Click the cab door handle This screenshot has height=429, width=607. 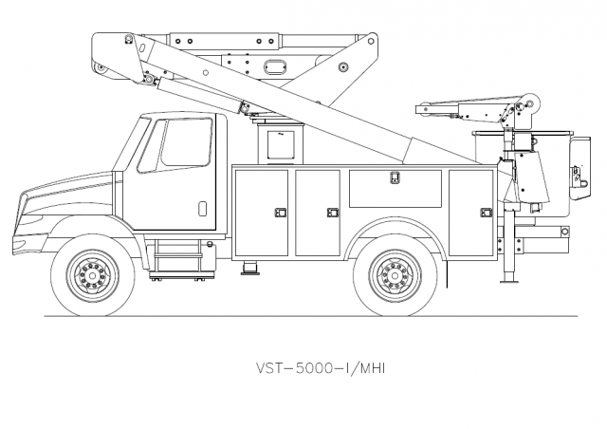click(x=201, y=206)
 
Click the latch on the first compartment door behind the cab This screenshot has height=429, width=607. click(x=281, y=212)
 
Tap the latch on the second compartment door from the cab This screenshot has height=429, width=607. click(x=332, y=212)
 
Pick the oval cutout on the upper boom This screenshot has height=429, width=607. click(x=275, y=65)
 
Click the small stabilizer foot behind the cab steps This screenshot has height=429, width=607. click(x=248, y=264)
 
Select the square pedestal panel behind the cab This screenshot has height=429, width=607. click(x=281, y=144)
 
